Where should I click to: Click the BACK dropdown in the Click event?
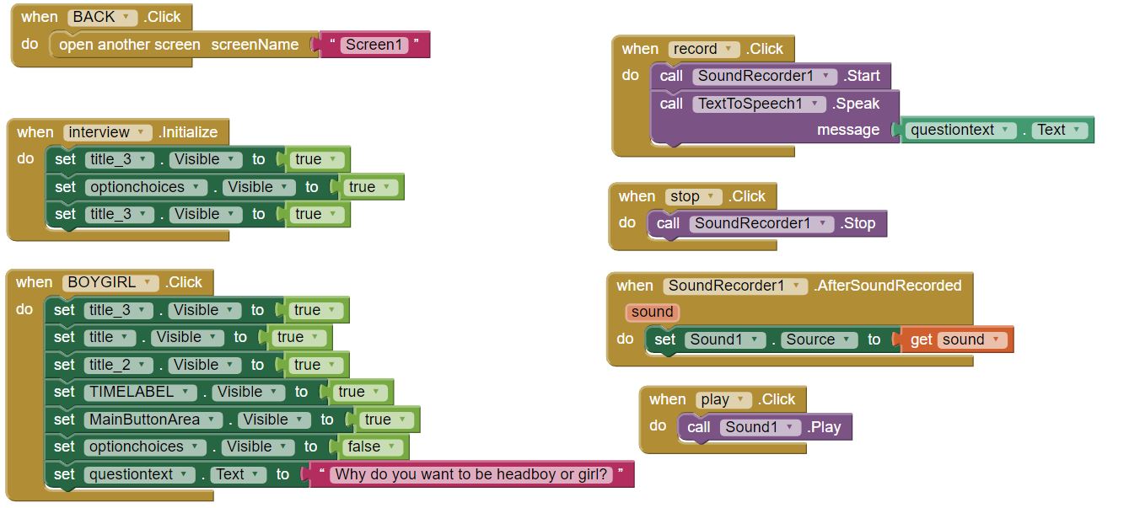102,17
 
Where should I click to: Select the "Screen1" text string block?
374,45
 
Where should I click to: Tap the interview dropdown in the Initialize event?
107,132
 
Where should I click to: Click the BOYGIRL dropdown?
110,282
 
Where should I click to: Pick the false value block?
374,447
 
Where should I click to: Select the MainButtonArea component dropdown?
153,420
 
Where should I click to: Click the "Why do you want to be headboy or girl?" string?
470,474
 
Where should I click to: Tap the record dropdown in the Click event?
703,49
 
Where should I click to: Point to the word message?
847,130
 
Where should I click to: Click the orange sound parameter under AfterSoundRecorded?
652,313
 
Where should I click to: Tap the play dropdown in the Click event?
723,399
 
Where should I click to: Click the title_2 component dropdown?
119,365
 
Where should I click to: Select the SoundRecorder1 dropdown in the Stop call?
761,223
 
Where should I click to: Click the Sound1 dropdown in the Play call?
760,427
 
